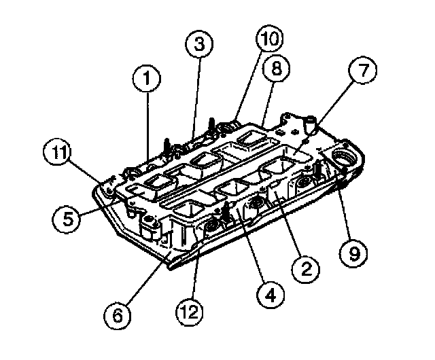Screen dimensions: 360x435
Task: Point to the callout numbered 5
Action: [x=67, y=219]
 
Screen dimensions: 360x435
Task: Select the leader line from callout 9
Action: [x=344, y=206]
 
